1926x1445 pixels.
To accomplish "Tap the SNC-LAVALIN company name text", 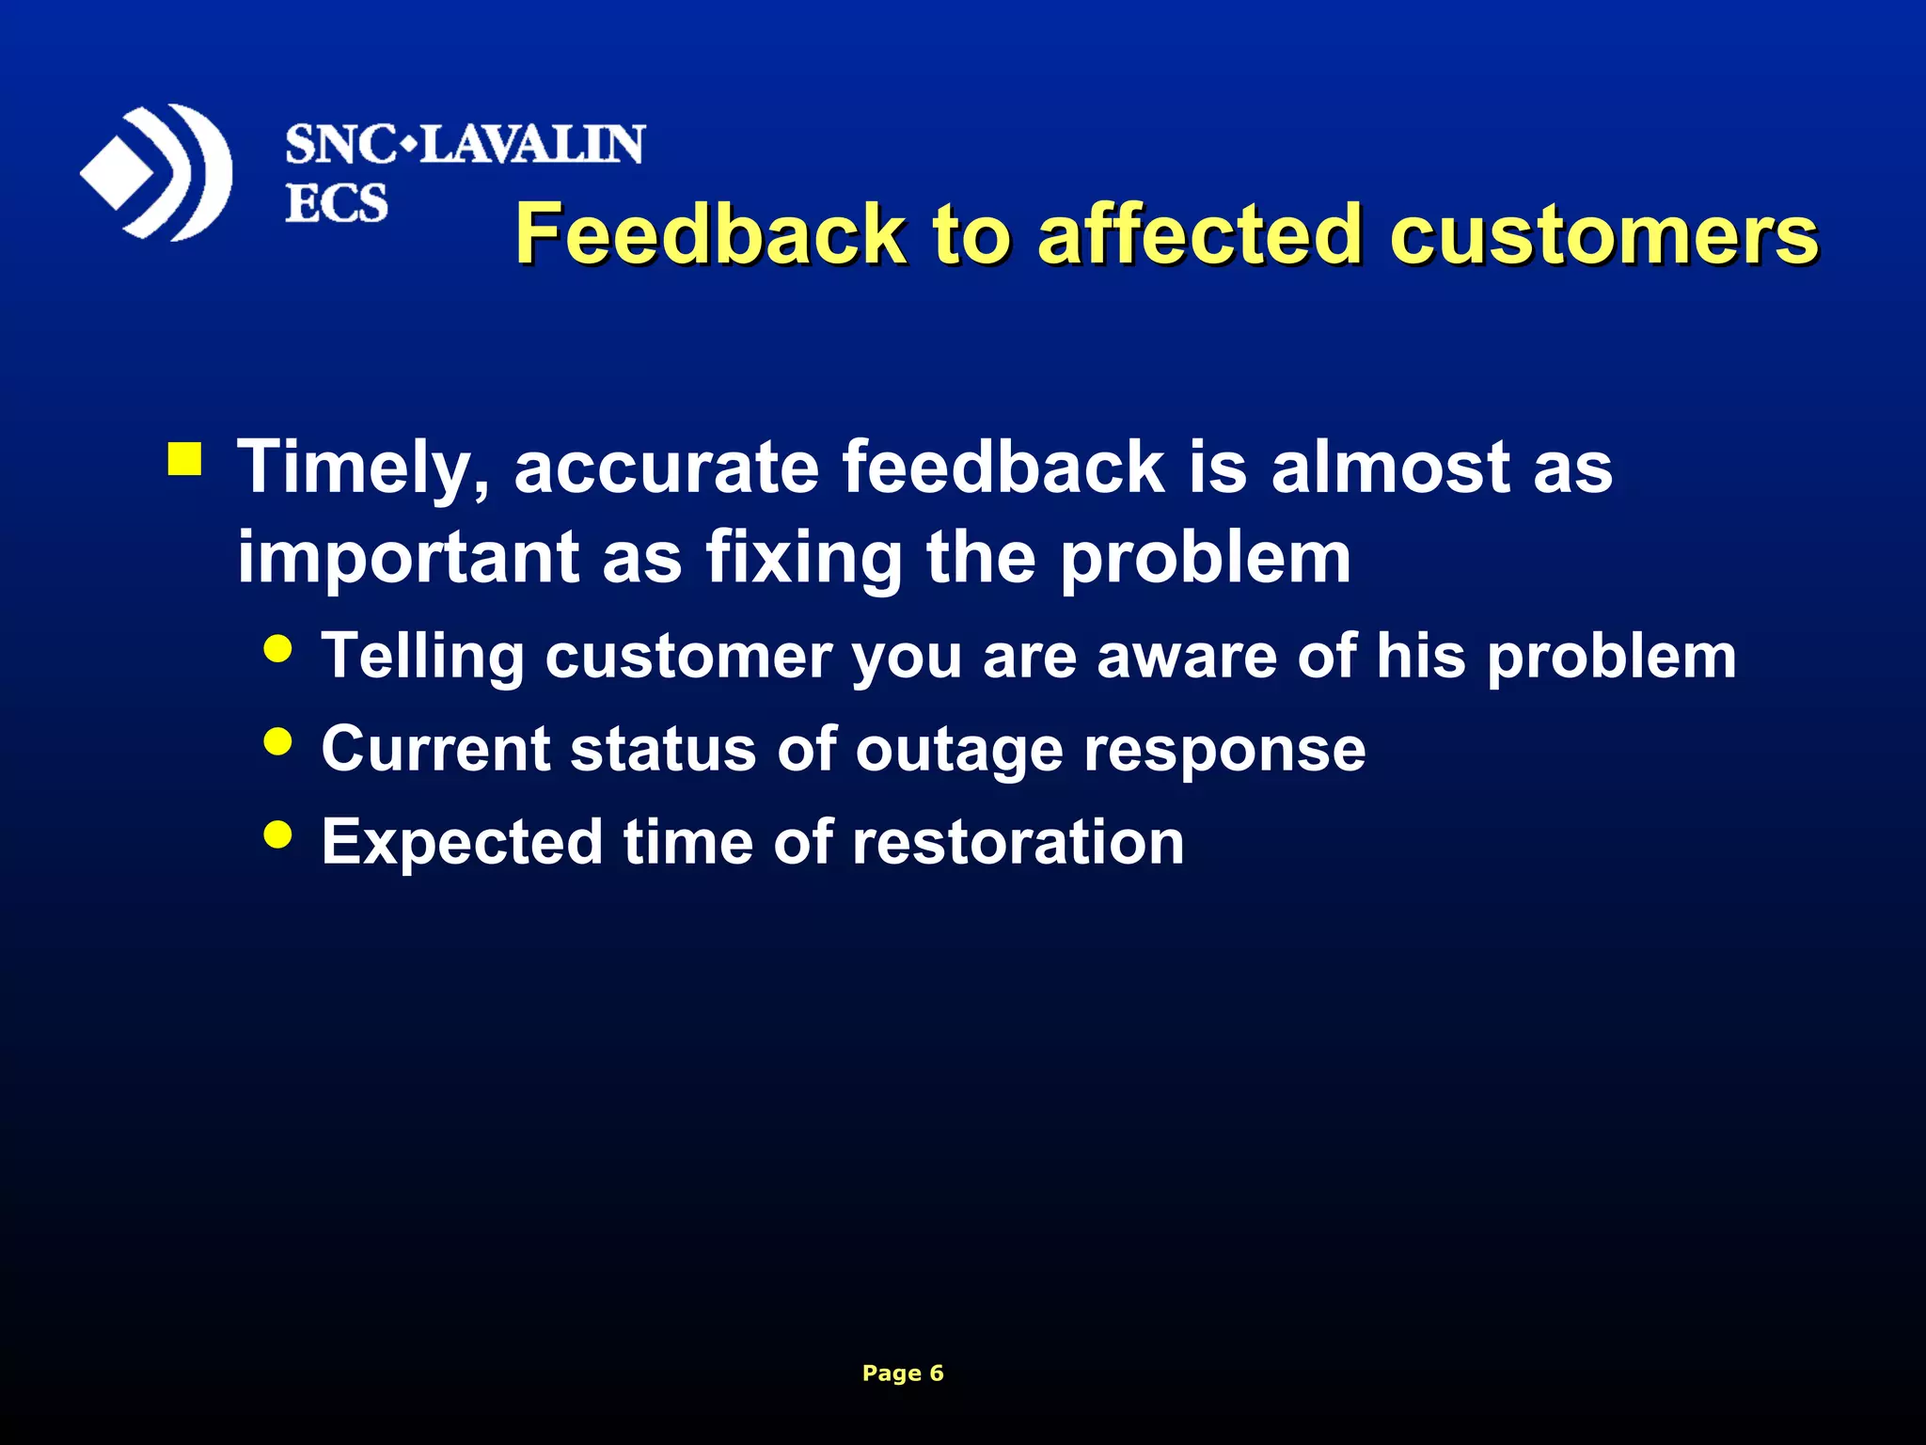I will pos(465,145).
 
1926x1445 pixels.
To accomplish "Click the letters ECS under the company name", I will pos(336,203).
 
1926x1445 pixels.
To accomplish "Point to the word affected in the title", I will pos(1200,234).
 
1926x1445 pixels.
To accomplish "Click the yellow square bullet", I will pos(184,459).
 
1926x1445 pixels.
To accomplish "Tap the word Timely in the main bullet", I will pos(363,468).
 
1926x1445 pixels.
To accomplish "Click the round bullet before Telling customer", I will pos(277,648).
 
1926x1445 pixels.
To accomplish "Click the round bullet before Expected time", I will pos(277,833).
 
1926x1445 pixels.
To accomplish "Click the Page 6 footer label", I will pos(903,1373).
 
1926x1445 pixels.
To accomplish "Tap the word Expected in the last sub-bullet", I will pos(462,843).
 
